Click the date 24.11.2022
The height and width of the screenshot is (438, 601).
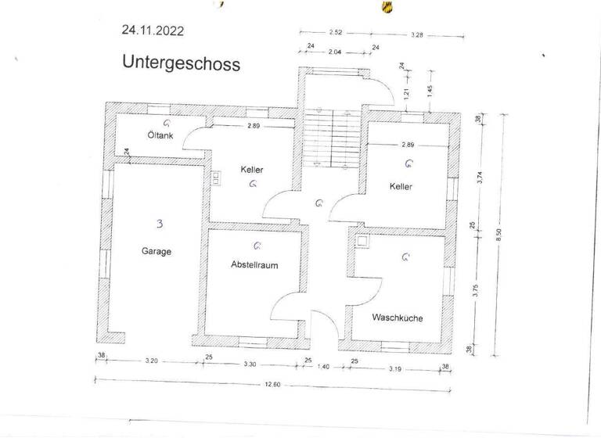point(153,31)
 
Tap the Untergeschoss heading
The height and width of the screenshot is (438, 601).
point(181,63)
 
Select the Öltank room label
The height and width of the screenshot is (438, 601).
point(160,135)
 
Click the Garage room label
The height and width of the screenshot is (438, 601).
point(157,252)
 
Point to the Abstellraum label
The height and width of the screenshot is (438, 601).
point(254,265)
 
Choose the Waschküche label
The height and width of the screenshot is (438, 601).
point(398,318)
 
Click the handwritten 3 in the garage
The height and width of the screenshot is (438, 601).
point(160,224)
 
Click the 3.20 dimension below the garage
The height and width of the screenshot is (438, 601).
point(152,361)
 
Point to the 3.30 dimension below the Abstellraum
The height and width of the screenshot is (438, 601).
point(251,364)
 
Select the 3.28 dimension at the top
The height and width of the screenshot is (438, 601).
point(419,35)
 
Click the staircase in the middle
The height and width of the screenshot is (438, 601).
point(329,138)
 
